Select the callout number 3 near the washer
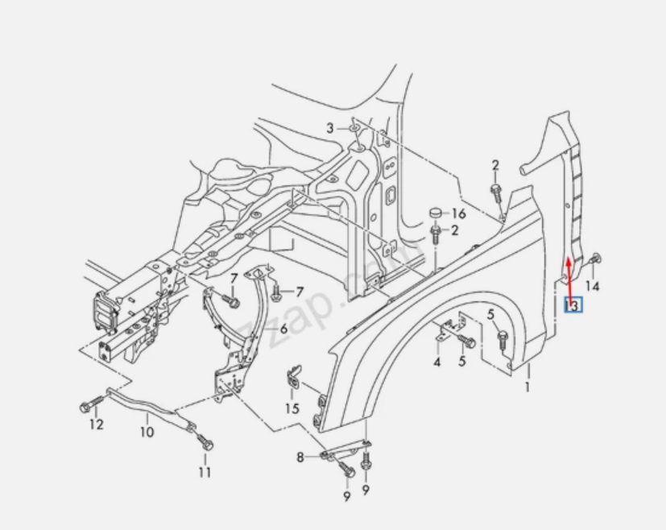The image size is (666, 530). click(x=329, y=128)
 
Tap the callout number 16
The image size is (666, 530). click(x=458, y=213)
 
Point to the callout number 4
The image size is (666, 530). click(x=437, y=362)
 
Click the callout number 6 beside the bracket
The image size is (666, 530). click(x=283, y=329)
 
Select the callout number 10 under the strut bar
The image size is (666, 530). click(x=147, y=433)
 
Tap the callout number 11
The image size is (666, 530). click(x=205, y=472)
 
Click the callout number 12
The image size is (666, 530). click(x=97, y=424)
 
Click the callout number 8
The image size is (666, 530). click(x=300, y=457)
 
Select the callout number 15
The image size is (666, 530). click(x=292, y=408)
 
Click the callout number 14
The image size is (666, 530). click(x=592, y=286)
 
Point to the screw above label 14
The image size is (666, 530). click(x=594, y=259)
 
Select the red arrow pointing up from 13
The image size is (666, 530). click(x=569, y=277)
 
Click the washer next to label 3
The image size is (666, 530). click(x=353, y=128)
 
